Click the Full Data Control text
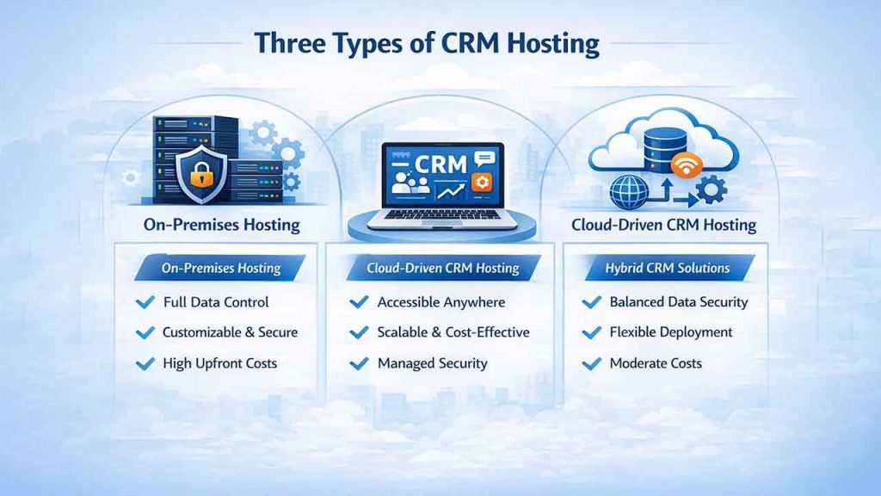[215, 302]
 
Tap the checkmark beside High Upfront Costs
[145, 363]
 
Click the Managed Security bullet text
[432, 363]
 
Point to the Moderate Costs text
[655, 363]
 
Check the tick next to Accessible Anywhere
[359, 302]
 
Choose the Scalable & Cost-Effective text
[453, 332]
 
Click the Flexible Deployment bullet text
[670, 332]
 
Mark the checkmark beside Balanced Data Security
[591, 302]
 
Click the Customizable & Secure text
[230, 332]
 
